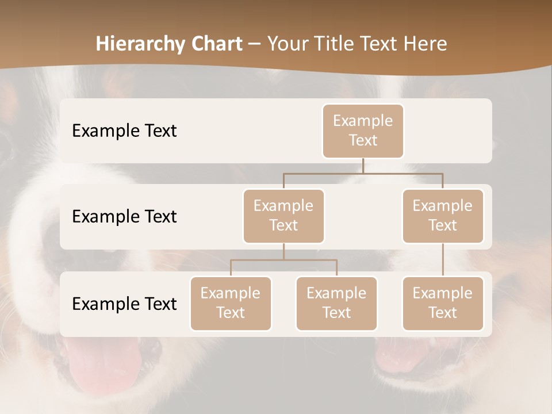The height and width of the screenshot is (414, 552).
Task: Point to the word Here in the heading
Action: click(x=424, y=44)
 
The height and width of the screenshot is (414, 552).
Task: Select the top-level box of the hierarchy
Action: click(x=363, y=131)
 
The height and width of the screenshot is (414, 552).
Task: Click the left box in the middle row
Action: click(x=283, y=216)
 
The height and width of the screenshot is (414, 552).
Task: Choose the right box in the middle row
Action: click(x=443, y=216)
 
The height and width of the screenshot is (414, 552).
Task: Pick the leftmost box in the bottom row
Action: click(x=231, y=303)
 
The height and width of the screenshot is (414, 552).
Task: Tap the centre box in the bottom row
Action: click(x=336, y=303)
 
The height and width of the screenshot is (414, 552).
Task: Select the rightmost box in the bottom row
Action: click(x=443, y=303)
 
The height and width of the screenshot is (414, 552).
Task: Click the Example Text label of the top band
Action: click(x=124, y=131)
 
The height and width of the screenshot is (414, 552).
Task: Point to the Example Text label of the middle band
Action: click(x=124, y=216)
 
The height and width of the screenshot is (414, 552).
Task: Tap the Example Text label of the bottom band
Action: click(x=124, y=304)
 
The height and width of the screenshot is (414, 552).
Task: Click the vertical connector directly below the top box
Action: click(x=363, y=166)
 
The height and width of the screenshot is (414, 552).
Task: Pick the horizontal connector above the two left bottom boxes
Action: click(x=283, y=260)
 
